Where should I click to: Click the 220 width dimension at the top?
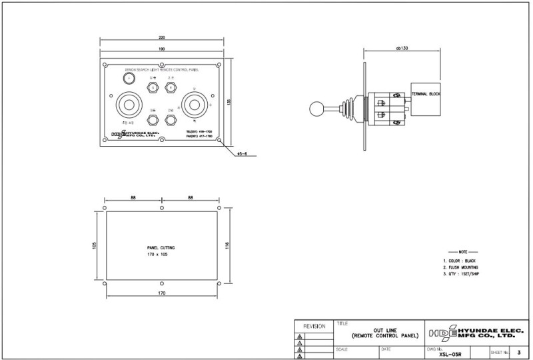point(162,37)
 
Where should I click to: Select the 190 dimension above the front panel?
point(162,49)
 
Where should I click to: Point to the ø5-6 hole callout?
point(242,155)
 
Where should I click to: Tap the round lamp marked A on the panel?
point(128,79)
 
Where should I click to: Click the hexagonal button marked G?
point(153,87)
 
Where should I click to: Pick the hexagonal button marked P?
point(170,87)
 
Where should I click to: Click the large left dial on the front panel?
point(128,105)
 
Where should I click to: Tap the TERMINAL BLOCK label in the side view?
point(426,95)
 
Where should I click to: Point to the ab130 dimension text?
point(402,49)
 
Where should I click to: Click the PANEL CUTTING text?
point(161,247)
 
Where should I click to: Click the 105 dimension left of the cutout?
point(94,245)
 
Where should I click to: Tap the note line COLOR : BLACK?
point(460,261)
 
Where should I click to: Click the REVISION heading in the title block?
point(314,327)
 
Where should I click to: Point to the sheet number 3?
point(518,352)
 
